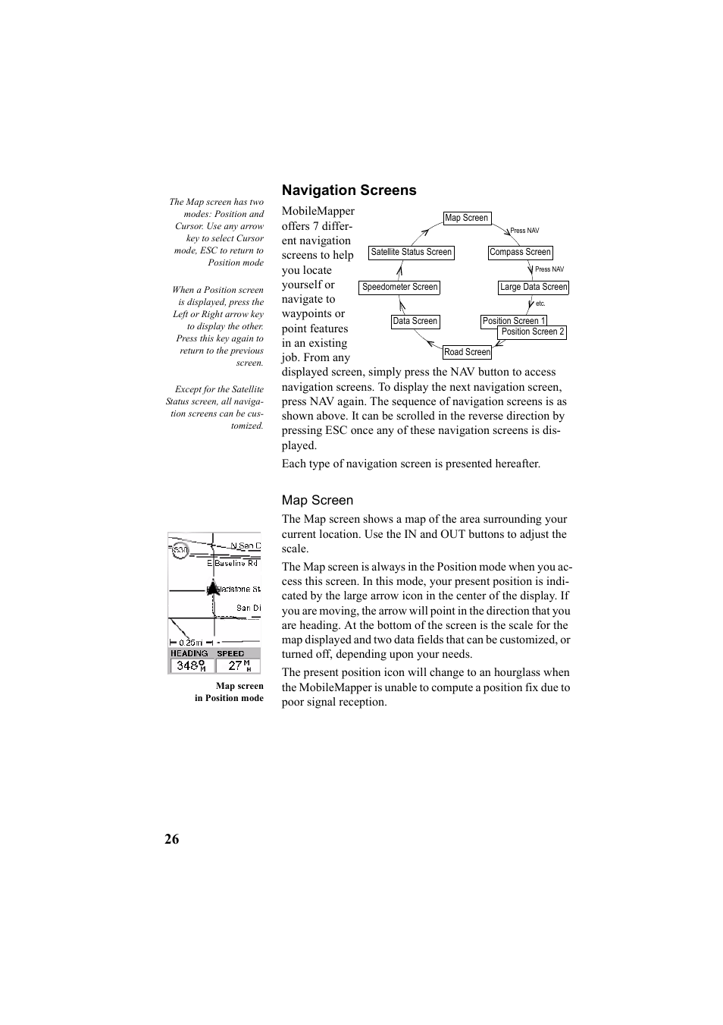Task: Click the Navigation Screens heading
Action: pos(349,190)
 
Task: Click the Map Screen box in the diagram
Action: pos(467,218)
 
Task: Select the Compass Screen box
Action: pos(520,252)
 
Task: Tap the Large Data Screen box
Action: pos(533,287)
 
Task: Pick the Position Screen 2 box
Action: pos(533,332)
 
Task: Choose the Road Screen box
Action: pos(467,352)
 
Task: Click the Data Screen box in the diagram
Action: pos(415,321)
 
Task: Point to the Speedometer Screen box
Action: pos(399,287)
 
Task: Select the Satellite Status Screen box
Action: pos(411,252)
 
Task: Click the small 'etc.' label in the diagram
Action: pos(540,303)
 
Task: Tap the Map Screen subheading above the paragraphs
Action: pos(317,500)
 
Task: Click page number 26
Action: pos(172,838)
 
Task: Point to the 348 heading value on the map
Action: pos(189,665)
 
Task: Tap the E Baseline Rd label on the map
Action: pos(233,563)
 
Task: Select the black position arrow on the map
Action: pos(214,587)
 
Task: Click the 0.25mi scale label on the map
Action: pos(189,642)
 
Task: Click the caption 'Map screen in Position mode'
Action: pos(229,692)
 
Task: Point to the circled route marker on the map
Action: pos(180,551)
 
